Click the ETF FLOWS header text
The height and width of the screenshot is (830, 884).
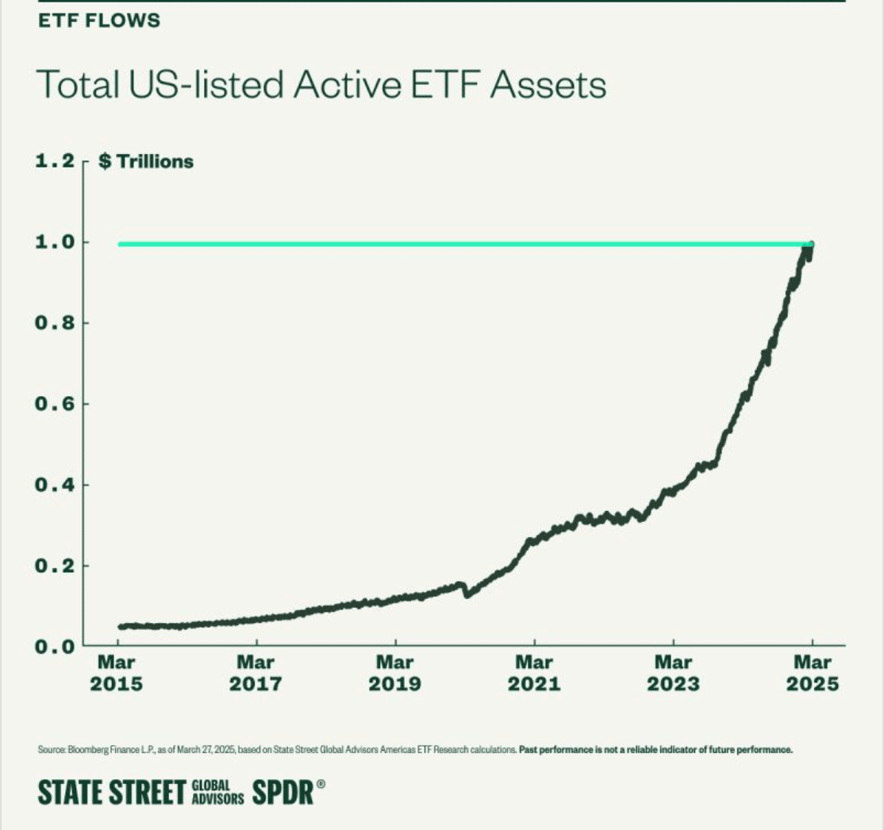click(x=99, y=21)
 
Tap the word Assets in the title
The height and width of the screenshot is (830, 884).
click(x=548, y=85)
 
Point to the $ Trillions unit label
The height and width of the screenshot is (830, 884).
click(x=145, y=162)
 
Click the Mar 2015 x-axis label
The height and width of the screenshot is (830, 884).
click(x=117, y=673)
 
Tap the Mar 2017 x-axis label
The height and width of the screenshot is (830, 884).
click(x=256, y=673)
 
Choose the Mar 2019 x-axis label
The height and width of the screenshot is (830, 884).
click(x=395, y=673)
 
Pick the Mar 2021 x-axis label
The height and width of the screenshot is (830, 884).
click(x=534, y=673)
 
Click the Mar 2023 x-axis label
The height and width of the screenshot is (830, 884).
click(x=673, y=673)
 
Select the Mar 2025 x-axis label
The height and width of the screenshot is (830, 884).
click(x=812, y=673)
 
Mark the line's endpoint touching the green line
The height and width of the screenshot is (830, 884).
click(x=810, y=245)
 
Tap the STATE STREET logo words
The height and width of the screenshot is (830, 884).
click(x=111, y=792)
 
